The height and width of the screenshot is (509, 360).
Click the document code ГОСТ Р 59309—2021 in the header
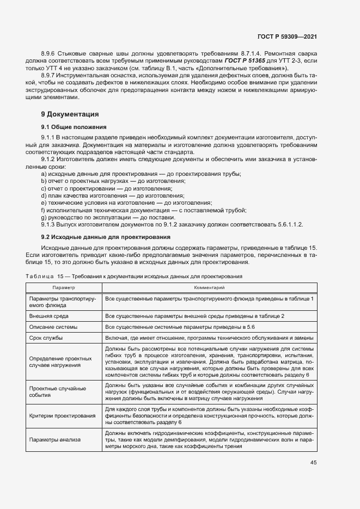(288, 36)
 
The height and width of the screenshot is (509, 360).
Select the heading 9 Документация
(70, 114)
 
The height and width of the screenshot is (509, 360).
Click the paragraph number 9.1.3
(50, 224)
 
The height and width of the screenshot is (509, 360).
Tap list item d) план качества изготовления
(112, 195)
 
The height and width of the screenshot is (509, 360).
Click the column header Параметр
(64, 287)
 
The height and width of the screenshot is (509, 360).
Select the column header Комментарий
(210, 287)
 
